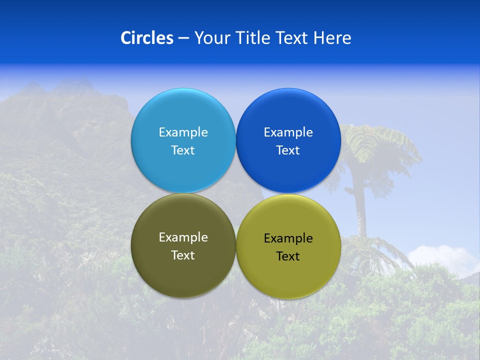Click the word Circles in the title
point(146,38)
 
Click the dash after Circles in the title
point(183,38)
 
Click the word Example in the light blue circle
point(183,132)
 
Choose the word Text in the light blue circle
point(183,150)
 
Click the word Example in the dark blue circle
point(288,132)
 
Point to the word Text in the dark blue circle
point(288,150)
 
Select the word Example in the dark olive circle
point(183,237)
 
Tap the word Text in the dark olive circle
point(183,255)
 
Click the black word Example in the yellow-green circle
point(288,238)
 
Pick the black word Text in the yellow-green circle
point(288,256)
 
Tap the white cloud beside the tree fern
point(445,257)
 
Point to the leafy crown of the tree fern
point(375,145)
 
